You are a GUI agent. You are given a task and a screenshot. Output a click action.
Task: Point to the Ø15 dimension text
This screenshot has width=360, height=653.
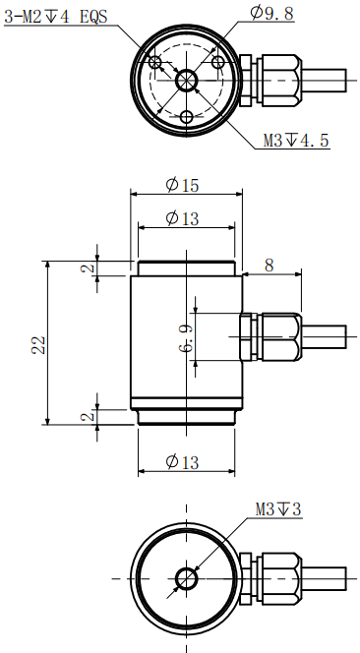(x=184, y=186)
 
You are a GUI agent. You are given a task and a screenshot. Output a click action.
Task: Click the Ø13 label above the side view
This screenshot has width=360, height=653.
(x=184, y=218)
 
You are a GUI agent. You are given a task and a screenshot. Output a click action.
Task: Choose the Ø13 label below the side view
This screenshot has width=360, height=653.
(x=184, y=462)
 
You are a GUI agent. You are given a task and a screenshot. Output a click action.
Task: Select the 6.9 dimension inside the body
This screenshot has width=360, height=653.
(x=187, y=341)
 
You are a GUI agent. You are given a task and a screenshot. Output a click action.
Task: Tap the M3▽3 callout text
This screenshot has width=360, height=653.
(x=278, y=509)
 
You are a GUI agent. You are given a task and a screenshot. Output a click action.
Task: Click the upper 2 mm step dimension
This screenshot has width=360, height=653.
(x=88, y=267)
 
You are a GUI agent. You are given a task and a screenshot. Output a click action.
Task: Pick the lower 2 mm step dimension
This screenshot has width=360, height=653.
(x=88, y=417)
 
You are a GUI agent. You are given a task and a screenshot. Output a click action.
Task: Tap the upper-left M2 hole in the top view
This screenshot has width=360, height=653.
(x=155, y=63)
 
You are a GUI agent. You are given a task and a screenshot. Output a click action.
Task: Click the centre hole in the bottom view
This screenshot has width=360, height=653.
(x=185, y=577)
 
